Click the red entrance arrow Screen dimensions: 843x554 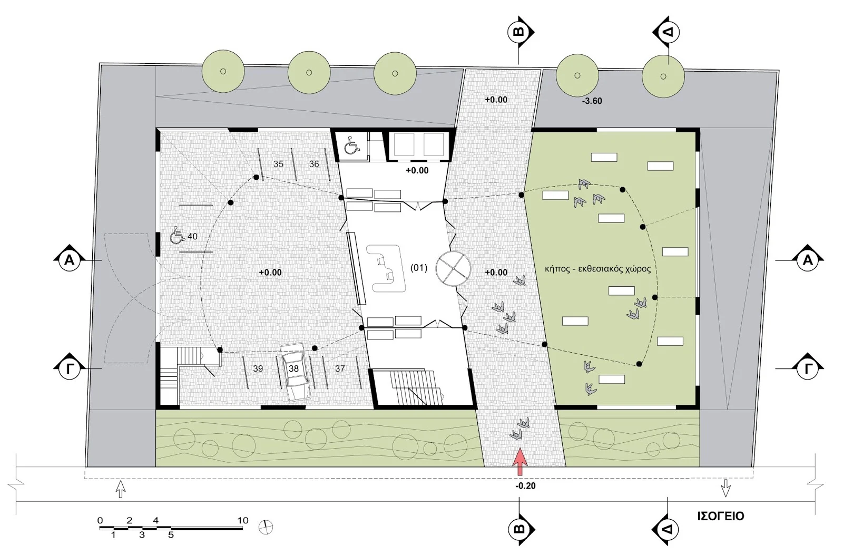click(x=521, y=462)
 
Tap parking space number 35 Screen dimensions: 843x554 click(x=279, y=164)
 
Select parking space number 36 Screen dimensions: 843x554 click(x=314, y=164)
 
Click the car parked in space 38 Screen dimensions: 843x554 click(x=296, y=371)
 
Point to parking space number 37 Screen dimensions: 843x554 click(x=340, y=368)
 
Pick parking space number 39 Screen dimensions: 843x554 click(x=258, y=368)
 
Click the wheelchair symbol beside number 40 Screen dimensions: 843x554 click(x=177, y=235)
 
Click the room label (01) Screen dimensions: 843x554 click(x=419, y=268)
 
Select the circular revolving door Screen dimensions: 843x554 click(x=454, y=268)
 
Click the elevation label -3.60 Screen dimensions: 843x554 click(x=592, y=101)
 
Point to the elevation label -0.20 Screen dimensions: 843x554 click(x=525, y=486)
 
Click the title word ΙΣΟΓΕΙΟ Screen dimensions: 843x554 click(x=721, y=516)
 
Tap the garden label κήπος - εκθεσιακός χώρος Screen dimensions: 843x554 click(x=597, y=270)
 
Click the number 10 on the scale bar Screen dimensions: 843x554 click(x=243, y=520)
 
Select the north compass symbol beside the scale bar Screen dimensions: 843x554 click(x=266, y=527)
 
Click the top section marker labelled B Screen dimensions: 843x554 click(x=519, y=32)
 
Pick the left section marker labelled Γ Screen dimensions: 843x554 click(x=70, y=368)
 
